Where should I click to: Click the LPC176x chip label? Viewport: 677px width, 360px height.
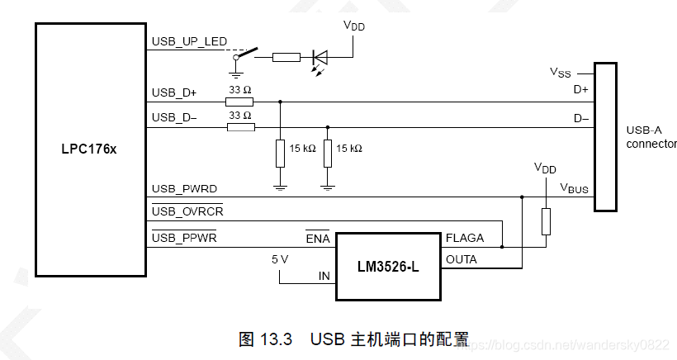[90, 150]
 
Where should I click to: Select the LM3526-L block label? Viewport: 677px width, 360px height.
[388, 268]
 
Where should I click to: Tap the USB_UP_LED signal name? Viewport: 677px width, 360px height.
[189, 42]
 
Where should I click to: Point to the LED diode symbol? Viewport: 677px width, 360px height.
[320, 57]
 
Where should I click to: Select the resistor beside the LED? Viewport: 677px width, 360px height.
[286, 57]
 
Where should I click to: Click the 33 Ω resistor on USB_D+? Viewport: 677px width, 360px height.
[239, 102]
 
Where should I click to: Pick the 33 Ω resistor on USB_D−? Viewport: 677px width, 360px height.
[239, 127]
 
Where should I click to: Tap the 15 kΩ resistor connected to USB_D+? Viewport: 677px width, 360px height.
[281, 153]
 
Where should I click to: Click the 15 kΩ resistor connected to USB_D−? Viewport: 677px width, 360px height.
[328, 153]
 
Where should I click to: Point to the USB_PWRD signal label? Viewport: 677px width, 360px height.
[184, 189]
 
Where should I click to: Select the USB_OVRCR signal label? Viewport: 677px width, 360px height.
[187, 212]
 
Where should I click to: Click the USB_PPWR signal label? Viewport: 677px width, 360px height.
[184, 238]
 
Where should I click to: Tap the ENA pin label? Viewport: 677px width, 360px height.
[317, 239]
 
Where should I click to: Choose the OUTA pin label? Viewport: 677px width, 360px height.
[462, 259]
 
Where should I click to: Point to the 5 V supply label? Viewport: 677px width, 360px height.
[281, 258]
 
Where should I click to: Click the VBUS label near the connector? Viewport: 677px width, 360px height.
[575, 189]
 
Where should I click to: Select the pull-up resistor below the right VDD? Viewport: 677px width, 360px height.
[545, 222]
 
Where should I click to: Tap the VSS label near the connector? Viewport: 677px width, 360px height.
[561, 72]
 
